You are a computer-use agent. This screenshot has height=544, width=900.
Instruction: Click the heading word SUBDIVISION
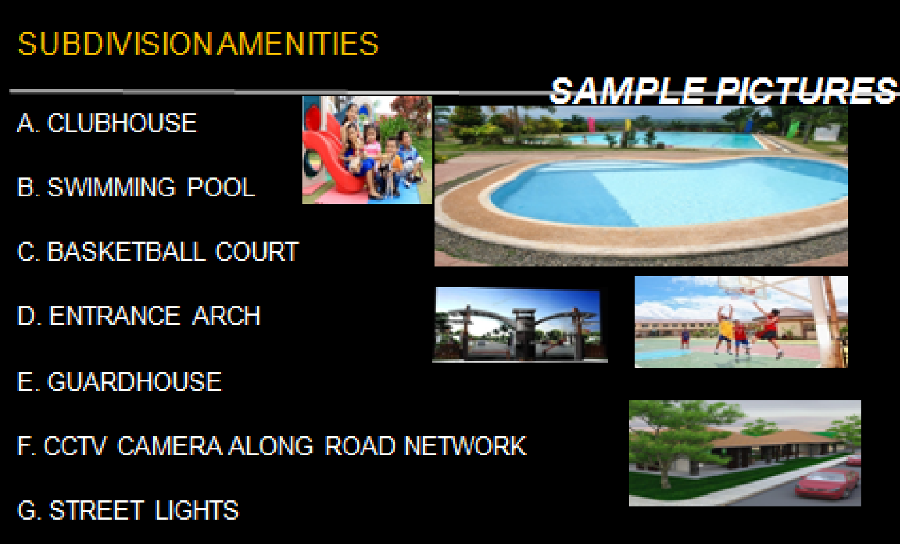pyautogui.click(x=115, y=44)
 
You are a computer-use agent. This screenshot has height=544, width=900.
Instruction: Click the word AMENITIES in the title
pyautogui.click(x=298, y=44)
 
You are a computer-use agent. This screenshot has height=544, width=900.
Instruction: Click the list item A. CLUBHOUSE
pyautogui.click(x=107, y=123)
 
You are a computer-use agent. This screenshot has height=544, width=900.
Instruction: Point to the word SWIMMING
pyautogui.click(x=111, y=187)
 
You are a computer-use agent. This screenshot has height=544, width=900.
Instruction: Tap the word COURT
pyautogui.click(x=257, y=252)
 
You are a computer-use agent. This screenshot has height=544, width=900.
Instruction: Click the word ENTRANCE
pyautogui.click(x=114, y=316)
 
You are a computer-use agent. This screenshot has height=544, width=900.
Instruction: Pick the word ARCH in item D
pyautogui.click(x=227, y=316)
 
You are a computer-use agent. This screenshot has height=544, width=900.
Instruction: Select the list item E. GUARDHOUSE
pyautogui.click(x=119, y=381)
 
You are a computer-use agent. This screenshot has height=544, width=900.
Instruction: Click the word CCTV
pyautogui.click(x=75, y=446)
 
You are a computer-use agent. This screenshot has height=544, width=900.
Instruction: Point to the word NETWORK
pyautogui.click(x=465, y=446)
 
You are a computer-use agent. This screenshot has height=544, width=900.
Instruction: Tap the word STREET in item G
pyautogui.click(x=96, y=510)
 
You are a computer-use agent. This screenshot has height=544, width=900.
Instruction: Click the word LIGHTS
pyautogui.click(x=196, y=510)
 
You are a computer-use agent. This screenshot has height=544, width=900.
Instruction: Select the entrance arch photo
pyautogui.click(x=520, y=325)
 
